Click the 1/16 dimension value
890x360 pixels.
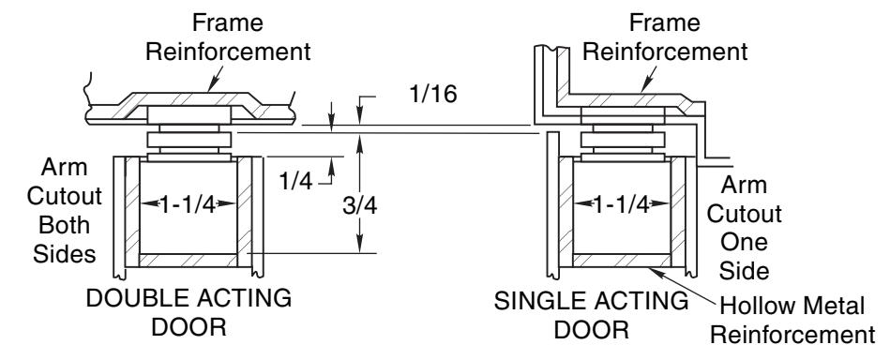coord(432,94)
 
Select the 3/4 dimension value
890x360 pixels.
coord(359,206)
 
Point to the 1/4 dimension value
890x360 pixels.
coord(295,181)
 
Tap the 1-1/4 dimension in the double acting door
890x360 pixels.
coord(188,203)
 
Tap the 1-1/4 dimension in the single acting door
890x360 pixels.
coord(621,203)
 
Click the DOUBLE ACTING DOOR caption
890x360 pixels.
coord(189,312)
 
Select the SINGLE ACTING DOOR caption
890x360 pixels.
coord(591,315)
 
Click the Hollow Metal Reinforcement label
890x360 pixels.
coord(792,321)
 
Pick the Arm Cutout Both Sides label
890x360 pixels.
coord(65,211)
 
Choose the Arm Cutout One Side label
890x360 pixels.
coord(744,228)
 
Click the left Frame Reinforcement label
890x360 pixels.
coord(228,37)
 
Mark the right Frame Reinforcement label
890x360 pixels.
coord(665,37)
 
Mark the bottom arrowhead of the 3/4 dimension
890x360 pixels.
coord(359,246)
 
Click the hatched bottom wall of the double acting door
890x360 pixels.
coord(188,260)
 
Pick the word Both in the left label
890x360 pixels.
coord(65,225)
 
